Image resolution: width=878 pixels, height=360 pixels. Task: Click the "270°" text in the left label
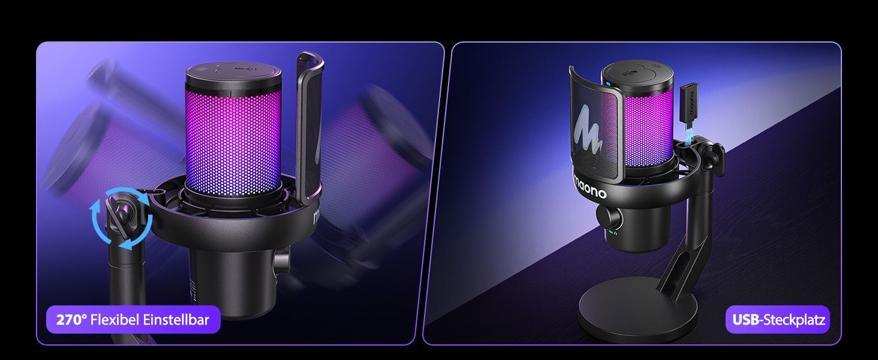pyautogui.click(x=72, y=320)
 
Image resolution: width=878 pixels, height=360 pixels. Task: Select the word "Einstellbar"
pyautogui.click(x=176, y=320)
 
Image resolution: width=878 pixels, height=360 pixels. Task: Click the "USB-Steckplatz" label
pyautogui.click(x=777, y=320)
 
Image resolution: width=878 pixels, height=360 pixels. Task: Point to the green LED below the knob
pyautogui.click(x=611, y=232)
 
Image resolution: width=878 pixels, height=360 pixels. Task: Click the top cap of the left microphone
pyautogui.click(x=233, y=75)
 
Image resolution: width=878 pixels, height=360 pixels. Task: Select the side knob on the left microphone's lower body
pyautogui.click(x=281, y=260)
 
